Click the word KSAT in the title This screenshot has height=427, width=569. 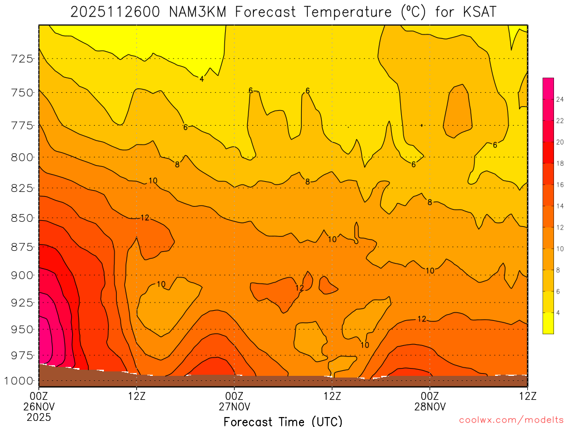click(x=479, y=12)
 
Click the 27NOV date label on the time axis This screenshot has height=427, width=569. click(x=234, y=406)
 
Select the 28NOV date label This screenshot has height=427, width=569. click(x=430, y=406)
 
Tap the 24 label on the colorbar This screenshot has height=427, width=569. click(x=560, y=100)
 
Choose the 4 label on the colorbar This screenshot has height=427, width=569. click(x=558, y=312)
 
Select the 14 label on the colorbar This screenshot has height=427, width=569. click(x=560, y=206)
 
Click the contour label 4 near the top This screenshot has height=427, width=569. click(x=202, y=79)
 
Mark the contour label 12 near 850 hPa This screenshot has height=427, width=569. click(x=145, y=217)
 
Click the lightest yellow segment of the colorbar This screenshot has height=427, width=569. click(x=548, y=323)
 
